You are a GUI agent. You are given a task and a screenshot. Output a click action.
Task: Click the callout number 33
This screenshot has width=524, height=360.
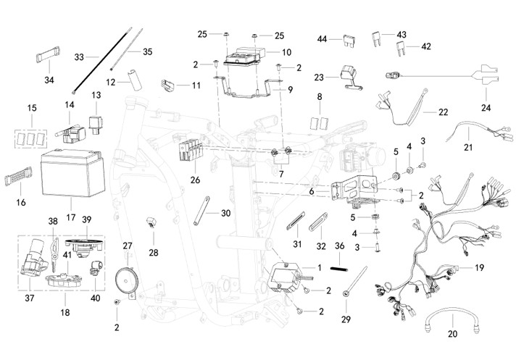80,56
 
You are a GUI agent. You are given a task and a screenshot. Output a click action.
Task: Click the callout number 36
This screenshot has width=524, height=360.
338,246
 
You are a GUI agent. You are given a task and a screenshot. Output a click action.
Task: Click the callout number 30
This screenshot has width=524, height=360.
225,213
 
